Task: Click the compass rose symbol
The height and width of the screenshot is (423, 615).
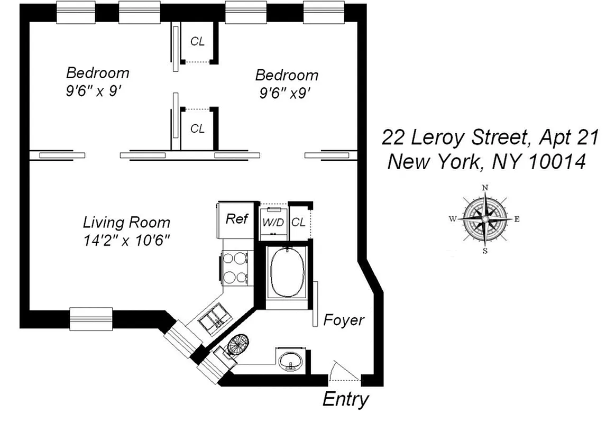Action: (484, 219)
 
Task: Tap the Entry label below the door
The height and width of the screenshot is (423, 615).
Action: (345, 399)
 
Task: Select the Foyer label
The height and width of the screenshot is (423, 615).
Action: (344, 320)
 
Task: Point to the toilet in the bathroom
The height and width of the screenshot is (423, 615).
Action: (240, 346)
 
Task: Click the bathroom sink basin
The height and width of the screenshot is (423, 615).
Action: (290, 361)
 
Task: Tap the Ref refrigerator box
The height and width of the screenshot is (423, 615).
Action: (237, 219)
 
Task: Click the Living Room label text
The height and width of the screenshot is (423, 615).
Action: (127, 222)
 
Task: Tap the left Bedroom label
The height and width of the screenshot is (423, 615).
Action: (97, 72)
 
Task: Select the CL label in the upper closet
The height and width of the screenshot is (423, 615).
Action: (197, 42)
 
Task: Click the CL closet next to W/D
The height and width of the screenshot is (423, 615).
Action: (298, 223)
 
